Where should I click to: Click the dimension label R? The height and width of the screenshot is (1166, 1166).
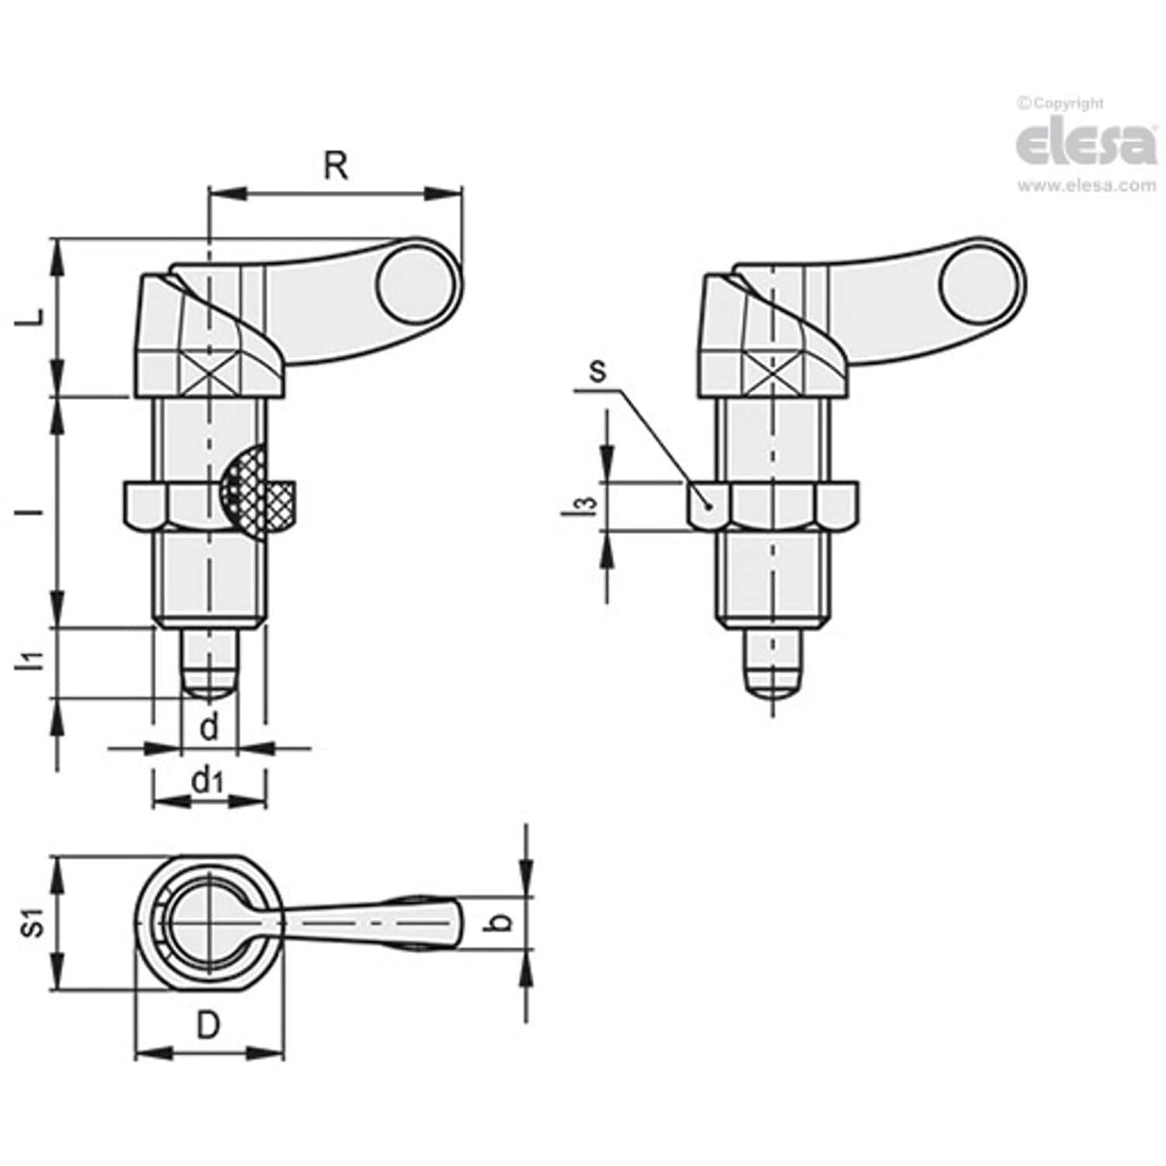[334, 166]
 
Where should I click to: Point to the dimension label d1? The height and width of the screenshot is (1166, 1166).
[207, 783]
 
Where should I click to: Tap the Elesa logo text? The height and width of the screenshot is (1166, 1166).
[1085, 142]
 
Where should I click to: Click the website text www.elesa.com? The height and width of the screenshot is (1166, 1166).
[1086, 186]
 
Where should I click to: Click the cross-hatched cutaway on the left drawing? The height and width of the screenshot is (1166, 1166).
[257, 493]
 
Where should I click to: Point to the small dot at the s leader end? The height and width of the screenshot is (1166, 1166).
[708, 503]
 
